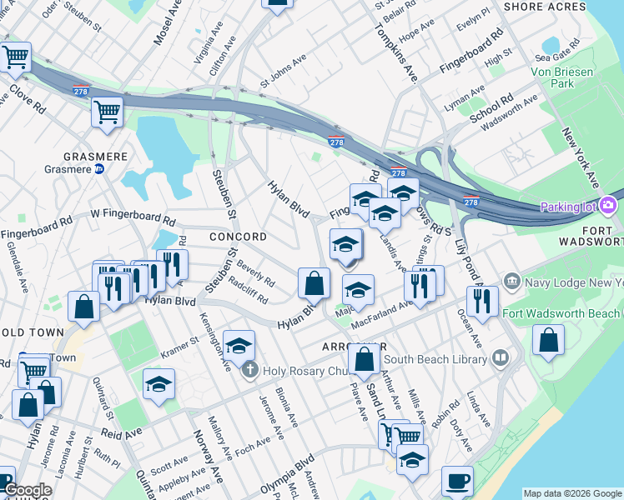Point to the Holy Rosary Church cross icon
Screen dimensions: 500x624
[x=249, y=371]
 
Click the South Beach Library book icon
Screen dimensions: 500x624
[x=501, y=358]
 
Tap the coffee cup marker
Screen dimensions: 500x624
[x=457, y=481]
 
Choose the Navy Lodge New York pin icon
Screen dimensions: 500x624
[x=511, y=282]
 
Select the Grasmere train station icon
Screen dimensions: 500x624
[x=99, y=168]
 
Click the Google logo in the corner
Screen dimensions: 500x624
[x=27, y=491]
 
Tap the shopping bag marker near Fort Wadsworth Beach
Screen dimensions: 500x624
[x=548, y=340]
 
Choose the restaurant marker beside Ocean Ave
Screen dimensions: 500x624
[x=482, y=301]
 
